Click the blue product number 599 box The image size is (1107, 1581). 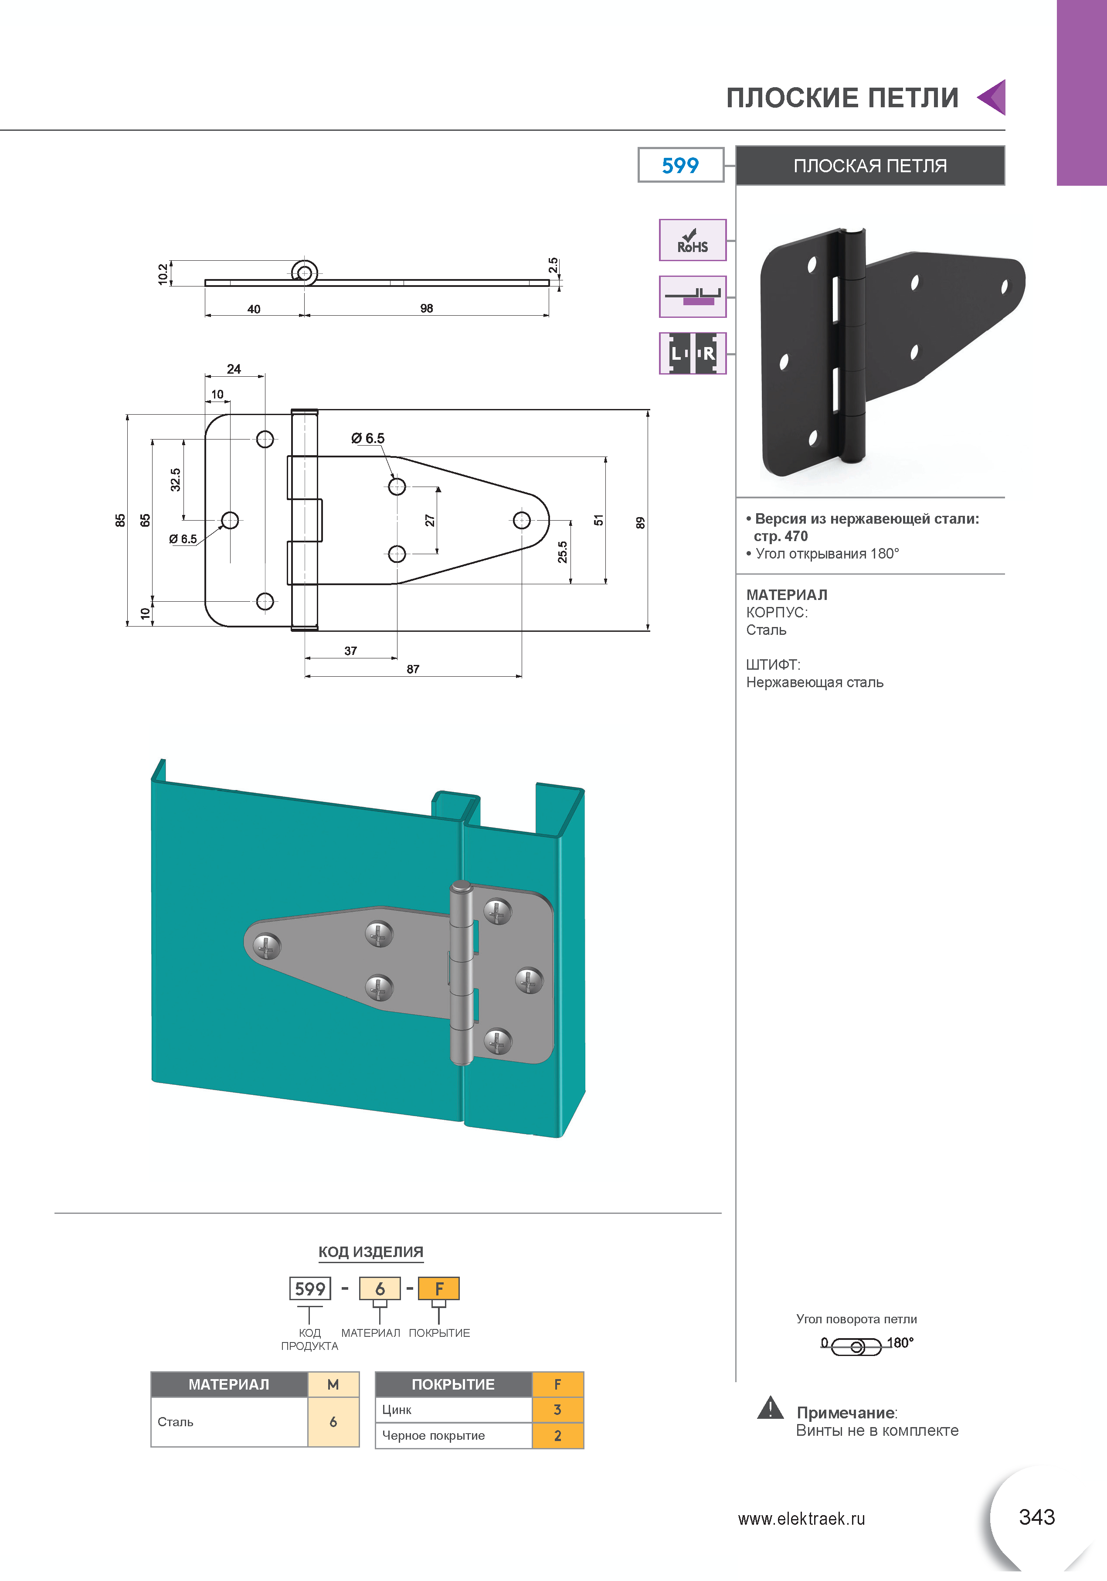point(680,165)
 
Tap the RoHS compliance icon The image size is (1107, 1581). point(692,240)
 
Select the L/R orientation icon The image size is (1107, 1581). point(692,353)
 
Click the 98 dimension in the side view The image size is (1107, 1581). point(427,309)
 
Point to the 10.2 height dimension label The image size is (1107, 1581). point(163,273)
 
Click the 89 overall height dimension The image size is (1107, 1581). point(640,523)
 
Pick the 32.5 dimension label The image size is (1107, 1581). point(176,480)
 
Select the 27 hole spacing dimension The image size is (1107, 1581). point(430,521)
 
